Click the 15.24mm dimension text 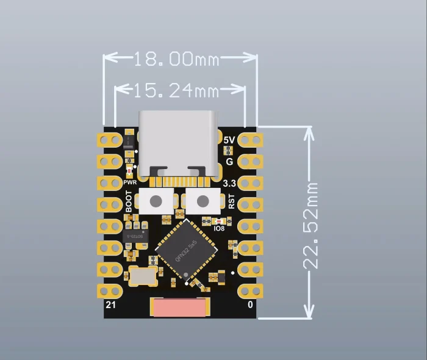click(x=176, y=91)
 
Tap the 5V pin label click(x=229, y=140)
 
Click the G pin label click(x=229, y=162)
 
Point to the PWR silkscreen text click(x=129, y=182)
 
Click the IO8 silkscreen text click(x=220, y=229)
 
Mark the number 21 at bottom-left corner click(x=111, y=305)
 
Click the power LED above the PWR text click(x=129, y=172)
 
